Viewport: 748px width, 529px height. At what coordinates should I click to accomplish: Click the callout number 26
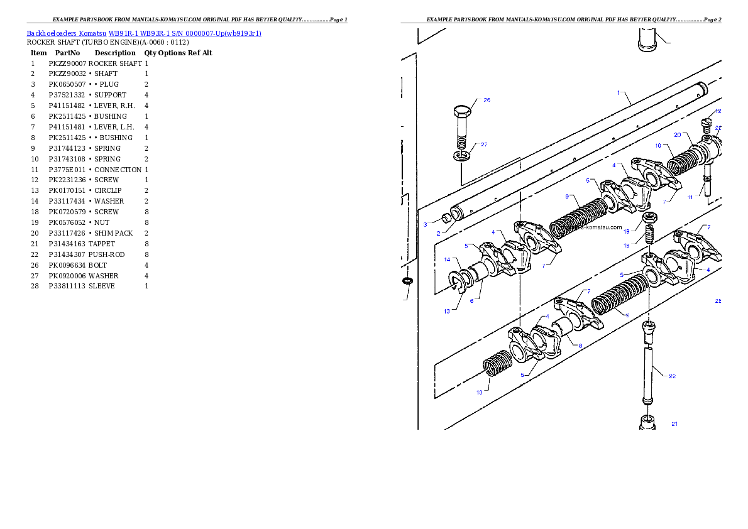pyautogui.click(x=487, y=100)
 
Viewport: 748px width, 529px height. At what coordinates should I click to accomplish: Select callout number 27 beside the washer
pyautogui.click(x=484, y=145)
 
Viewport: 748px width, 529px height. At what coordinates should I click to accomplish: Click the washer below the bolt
pyautogui.click(x=461, y=155)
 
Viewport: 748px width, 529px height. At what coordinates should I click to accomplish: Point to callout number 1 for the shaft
pyautogui.click(x=619, y=92)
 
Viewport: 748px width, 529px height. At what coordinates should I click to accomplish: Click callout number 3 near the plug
pyautogui.click(x=425, y=224)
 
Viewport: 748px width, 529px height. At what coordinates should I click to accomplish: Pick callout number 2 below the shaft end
pyautogui.click(x=439, y=233)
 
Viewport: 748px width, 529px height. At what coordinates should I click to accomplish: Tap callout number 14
pyautogui.click(x=448, y=259)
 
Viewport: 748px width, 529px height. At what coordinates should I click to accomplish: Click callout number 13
pyautogui.click(x=446, y=311)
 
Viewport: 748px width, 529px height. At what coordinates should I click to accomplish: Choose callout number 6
pyautogui.click(x=471, y=300)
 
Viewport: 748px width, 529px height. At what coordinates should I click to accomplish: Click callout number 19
pyautogui.click(x=626, y=231)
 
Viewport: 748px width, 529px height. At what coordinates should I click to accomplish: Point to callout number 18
pyautogui.click(x=626, y=246)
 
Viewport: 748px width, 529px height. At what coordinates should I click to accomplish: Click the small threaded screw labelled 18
pyautogui.click(x=651, y=236)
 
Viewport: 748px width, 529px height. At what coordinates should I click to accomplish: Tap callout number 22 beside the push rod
pyautogui.click(x=672, y=376)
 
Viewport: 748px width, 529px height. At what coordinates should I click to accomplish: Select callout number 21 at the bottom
pyautogui.click(x=674, y=423)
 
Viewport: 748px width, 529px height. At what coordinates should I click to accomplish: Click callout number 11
pyautogui.click(x=690, y=197)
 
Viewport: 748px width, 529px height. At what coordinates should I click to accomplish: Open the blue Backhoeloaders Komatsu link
pyautogui.click(x=144, y=33)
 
